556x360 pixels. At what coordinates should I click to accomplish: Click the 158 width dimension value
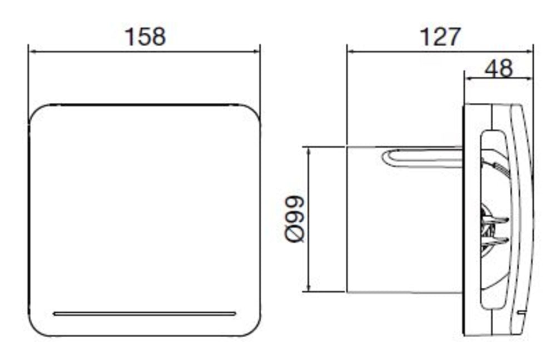tap(145, 37)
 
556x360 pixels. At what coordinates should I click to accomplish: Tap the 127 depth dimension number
tap(440, 37)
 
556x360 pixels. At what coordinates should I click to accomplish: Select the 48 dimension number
tap(498, 68)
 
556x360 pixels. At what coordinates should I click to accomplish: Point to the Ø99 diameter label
tap(295, 219)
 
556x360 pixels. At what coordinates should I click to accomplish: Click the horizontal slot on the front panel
tap(144, 313)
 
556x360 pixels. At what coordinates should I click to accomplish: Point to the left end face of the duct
tap(347, 219)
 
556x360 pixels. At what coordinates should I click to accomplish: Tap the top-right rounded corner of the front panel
tap(251, 113)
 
